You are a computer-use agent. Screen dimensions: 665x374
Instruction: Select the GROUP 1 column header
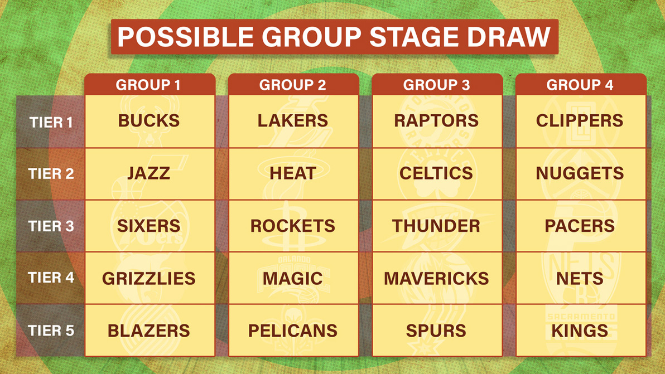pos(150,84)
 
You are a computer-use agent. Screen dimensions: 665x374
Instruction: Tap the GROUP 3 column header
pos(437,84)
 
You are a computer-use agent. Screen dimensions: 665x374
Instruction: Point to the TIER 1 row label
pos(51,122)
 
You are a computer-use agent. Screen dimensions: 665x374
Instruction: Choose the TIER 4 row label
pos(51,278)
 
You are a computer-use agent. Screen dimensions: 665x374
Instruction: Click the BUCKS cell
pos(150,121)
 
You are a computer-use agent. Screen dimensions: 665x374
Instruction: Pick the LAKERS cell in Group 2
pos(293,121)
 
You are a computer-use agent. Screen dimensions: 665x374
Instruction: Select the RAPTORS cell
pos(437,121)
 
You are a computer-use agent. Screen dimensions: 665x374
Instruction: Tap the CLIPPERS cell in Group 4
pos(581,121)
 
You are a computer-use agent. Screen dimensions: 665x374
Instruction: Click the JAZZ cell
pos(150,174)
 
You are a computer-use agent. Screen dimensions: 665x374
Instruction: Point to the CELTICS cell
pos(437,174)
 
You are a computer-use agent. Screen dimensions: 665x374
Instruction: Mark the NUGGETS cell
pos(581,174)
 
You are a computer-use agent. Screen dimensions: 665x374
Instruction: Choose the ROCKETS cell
pos(293,226)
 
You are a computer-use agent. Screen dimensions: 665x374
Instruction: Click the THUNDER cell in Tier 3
pos(437,226)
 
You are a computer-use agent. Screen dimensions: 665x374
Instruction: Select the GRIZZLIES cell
pos(150,278)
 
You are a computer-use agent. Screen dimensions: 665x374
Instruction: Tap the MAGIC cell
pos(293,278)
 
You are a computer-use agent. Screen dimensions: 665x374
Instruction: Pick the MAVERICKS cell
pos(437,278)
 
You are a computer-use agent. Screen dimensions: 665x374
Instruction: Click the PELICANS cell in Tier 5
pos(293,331)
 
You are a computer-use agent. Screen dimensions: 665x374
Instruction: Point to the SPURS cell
pos(437,331)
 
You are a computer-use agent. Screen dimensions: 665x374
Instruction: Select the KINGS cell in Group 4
pos(581,331)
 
